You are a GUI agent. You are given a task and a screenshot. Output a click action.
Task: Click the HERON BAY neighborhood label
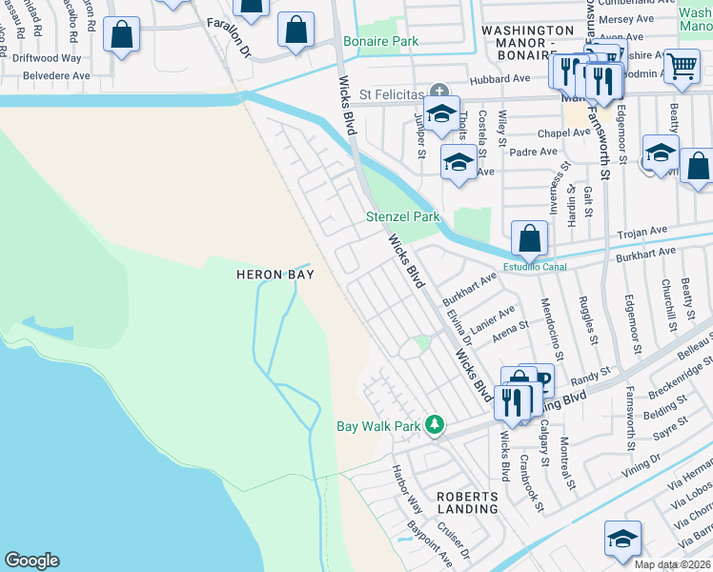click(275, 275)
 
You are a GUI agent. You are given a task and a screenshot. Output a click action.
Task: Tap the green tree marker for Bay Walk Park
click(435, 424)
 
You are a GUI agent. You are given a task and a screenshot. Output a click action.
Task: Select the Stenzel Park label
click(403, 217)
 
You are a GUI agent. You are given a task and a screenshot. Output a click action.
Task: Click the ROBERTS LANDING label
click(467, 502)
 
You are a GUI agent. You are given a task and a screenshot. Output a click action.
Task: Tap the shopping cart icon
click(682, 66)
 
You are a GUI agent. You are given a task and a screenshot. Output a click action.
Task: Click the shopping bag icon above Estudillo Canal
click(529, 237)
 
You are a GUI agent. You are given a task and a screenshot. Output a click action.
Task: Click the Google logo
click(31, 561)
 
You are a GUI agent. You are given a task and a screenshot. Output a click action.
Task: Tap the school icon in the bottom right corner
click(621, 539)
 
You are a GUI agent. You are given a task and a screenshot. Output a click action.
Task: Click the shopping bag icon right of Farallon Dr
click(296, 31)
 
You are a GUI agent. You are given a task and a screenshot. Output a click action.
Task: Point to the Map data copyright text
click(673, 564)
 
